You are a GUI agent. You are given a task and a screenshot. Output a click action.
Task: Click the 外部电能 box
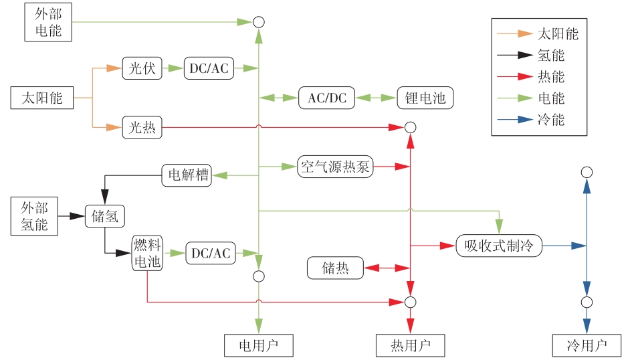48,22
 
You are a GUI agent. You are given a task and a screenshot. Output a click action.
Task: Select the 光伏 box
142,69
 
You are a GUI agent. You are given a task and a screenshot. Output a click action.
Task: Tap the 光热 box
142,127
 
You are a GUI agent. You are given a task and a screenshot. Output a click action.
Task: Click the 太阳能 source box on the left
41,98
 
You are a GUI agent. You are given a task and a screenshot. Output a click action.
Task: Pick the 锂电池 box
425,98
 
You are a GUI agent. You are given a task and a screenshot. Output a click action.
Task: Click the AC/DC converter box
327,98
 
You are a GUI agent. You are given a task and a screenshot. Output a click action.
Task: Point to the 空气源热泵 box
335,167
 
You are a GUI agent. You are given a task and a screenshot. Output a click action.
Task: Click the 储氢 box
106,216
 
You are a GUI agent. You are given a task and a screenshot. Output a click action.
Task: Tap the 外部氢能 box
34,216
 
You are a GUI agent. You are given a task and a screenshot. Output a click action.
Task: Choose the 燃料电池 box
147,253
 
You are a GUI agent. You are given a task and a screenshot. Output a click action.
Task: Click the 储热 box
335,268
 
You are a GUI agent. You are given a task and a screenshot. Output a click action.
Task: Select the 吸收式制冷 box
499,246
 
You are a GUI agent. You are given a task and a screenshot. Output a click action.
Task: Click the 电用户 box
258,345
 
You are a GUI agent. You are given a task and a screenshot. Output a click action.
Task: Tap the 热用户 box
410,345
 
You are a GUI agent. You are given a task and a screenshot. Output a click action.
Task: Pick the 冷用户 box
587,345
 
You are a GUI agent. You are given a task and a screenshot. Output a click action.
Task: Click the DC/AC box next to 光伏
209,69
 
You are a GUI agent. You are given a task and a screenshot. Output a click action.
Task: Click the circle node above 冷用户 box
587,302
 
